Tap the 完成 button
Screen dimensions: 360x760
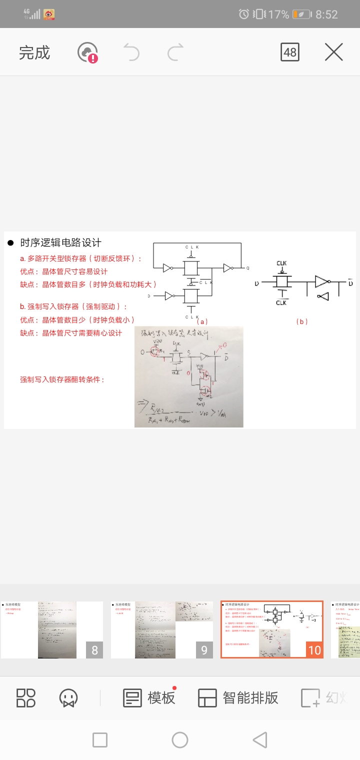[x=34, y=52]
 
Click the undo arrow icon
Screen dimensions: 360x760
[x=131, y=52]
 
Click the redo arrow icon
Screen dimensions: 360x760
[x=175, y=52]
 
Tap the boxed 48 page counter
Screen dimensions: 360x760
[x=290, y=52]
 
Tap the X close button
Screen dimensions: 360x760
[x=333, y=52]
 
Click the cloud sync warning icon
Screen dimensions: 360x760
[x=88, y=52]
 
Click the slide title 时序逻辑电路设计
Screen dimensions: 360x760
[x=60, y=243]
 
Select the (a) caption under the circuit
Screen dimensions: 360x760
[x=202, y=321]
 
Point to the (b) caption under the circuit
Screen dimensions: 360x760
[x=302, y=321]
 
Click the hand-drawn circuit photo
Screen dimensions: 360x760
[x=189, y=376]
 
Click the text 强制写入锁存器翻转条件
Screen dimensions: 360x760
[x=62, y=379]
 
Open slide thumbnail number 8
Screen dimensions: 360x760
[x=52, y=629]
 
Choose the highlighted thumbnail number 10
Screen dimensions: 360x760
[x=272, y=629]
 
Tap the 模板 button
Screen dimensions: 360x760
[x=149, y=697]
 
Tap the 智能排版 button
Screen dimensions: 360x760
[x=238, y=697]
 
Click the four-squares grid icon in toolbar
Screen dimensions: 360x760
[x=26, y=697]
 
